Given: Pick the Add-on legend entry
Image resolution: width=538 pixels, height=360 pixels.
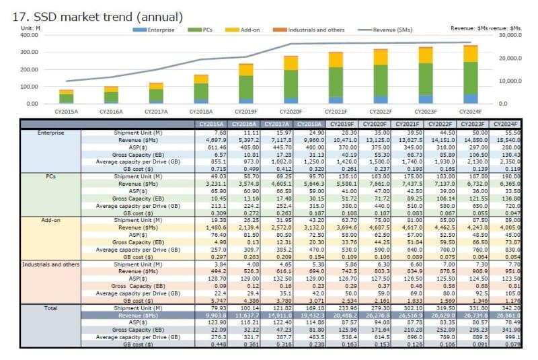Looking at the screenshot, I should click(x=246, y=30).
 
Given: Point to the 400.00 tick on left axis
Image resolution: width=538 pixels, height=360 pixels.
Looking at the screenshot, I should click(x=29, y=35).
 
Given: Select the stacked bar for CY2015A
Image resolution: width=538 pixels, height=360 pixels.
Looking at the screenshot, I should click(x=66, y=96).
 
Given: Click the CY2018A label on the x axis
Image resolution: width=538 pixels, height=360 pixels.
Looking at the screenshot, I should click(x=200, y=112).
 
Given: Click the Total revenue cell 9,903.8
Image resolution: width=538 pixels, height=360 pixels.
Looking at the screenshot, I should click(x=210, y=314).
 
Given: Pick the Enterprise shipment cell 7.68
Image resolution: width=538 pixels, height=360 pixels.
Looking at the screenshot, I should click(x=216, y=133).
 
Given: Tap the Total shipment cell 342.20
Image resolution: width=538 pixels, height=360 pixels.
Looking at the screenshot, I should click(x=508, y=308).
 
